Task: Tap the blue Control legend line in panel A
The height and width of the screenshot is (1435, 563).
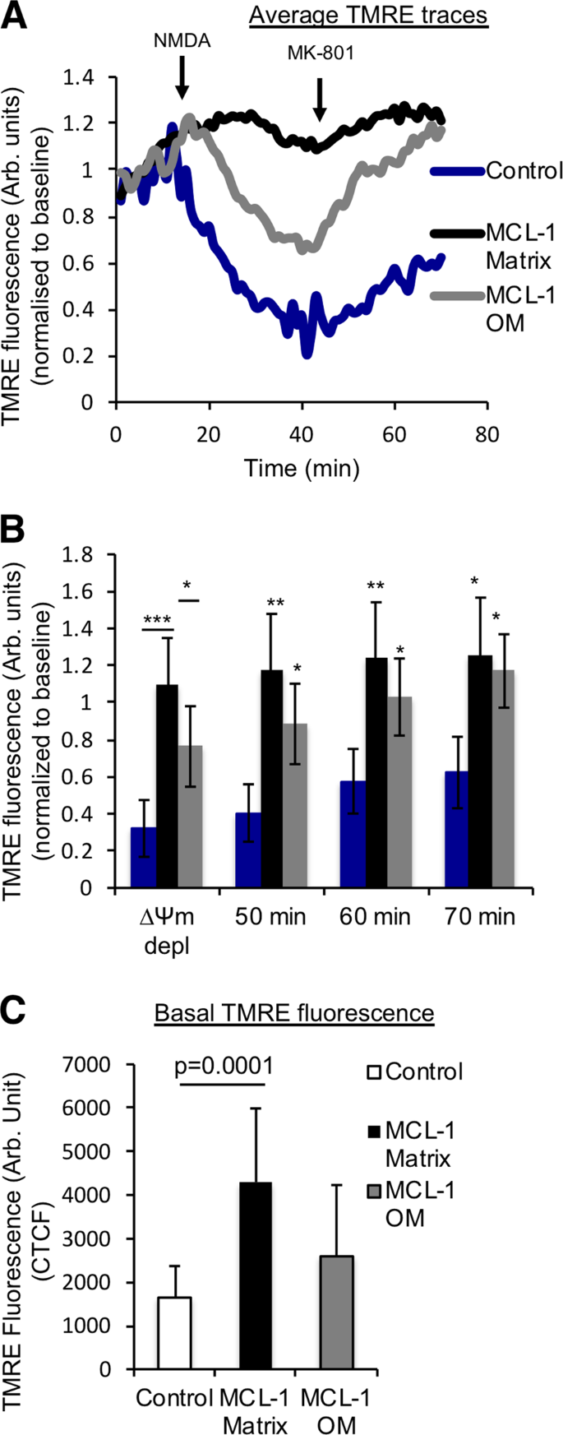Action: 457,171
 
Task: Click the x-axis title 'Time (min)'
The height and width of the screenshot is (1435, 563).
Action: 302,469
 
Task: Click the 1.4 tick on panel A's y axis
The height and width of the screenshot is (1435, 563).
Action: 85,77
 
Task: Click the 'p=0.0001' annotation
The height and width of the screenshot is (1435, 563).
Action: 222,1067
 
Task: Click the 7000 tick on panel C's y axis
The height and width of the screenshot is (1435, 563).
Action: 89,1065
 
